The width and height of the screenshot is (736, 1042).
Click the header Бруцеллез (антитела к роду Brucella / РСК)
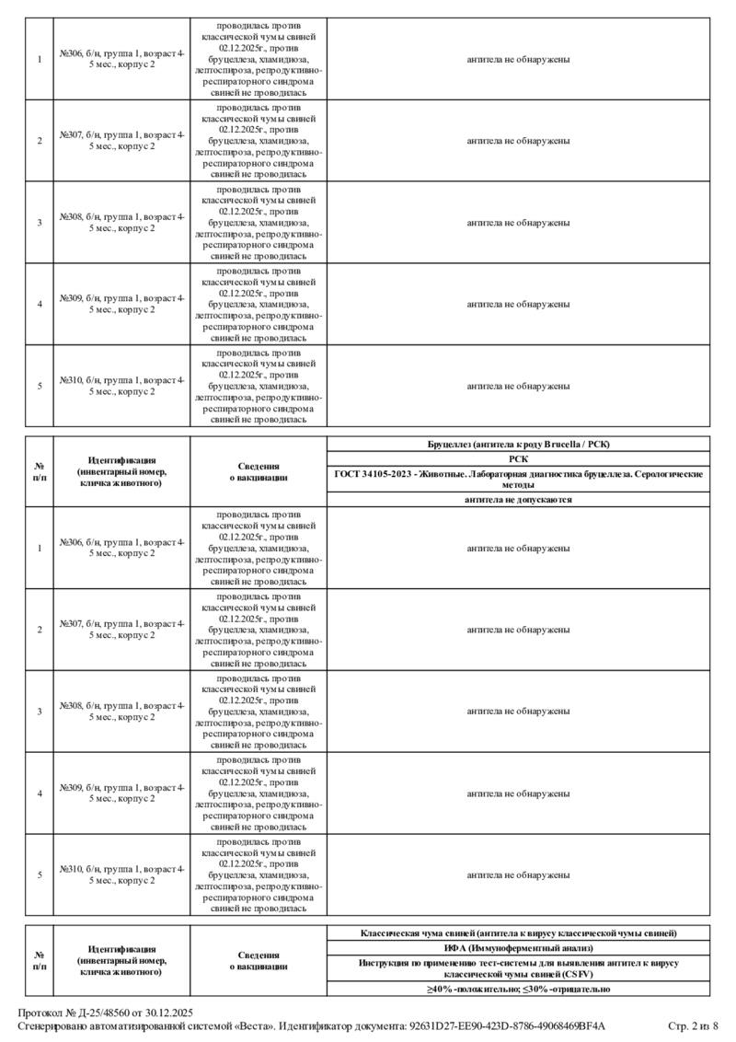[518, 445]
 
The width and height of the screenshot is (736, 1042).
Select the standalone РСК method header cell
[518, 458]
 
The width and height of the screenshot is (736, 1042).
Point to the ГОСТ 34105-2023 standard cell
[518, 479]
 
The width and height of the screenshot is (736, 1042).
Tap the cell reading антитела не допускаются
[518, 499]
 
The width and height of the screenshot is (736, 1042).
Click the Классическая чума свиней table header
[518, 933]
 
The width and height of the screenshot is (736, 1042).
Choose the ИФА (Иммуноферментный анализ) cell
[518, 947]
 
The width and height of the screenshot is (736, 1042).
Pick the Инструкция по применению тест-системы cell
[518, 967]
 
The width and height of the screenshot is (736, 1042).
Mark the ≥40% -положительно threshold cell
[518, 989]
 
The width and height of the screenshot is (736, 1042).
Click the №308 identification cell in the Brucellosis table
[121, 712]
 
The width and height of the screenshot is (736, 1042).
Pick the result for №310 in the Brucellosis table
[518, 874]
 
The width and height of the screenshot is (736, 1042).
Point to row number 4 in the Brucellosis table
[40, 793]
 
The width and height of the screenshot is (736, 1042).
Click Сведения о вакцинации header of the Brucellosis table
[259, 471]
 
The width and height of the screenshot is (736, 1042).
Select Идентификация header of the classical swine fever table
[121, 960]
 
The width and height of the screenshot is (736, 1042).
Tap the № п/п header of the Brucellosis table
[40, 471]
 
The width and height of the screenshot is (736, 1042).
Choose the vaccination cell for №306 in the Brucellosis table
[259, 548]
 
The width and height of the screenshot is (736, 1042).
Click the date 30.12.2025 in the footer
[169, 1013]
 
